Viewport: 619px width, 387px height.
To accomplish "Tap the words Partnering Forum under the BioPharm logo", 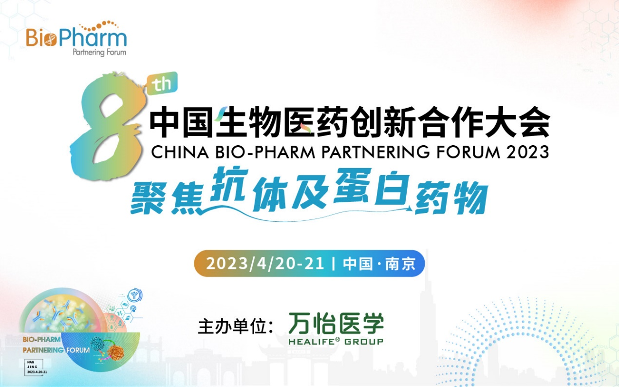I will [x=99, y=52].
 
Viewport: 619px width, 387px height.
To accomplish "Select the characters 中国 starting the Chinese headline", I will [x=181, y=123].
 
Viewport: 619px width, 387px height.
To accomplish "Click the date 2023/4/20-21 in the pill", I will [x=265, y=264].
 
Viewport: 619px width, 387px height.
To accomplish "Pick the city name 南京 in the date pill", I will [x=400, y=264].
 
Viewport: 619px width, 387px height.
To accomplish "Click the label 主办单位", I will [x=234, y=326].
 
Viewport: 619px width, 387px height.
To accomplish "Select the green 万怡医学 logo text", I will [x=336, y=323].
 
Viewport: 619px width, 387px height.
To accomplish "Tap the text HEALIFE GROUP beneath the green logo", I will [x=336, y=342].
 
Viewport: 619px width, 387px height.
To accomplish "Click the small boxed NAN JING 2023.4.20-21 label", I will [x=37, y=368].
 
